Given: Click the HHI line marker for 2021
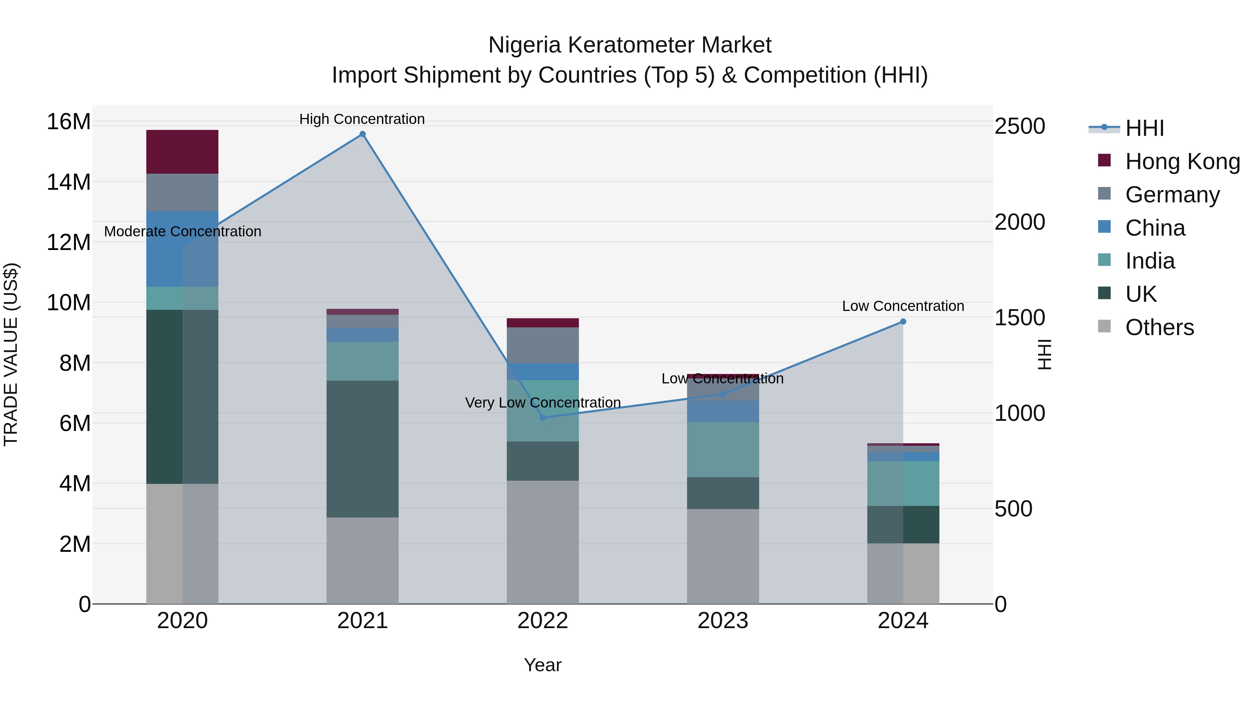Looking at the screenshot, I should [x=363, y=134].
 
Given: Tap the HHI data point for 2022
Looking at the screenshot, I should [x=542, y=417].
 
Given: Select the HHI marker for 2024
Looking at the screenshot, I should [x=903, y=321].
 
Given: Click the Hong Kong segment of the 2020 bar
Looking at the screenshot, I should [x=182, y=152].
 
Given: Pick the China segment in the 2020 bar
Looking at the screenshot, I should [x=182, y=249].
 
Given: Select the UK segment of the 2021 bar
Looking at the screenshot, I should [x=363, y=449].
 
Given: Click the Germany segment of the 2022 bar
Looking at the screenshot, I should [x=542, y=346].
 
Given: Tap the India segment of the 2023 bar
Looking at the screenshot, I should [x=723, y=449].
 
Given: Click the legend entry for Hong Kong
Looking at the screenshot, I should [x=1182, y=161].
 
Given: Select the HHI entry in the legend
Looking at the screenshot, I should [x=1144, y=128].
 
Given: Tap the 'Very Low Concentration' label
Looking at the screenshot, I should [x=542, y=403].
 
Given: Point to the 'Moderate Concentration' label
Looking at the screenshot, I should [x=182, y=231].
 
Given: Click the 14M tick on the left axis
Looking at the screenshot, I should [x=69, y=182].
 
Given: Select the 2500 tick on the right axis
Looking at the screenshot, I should [x=1020, y=126].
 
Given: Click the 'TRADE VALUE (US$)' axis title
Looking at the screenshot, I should [x=11, y=354].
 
